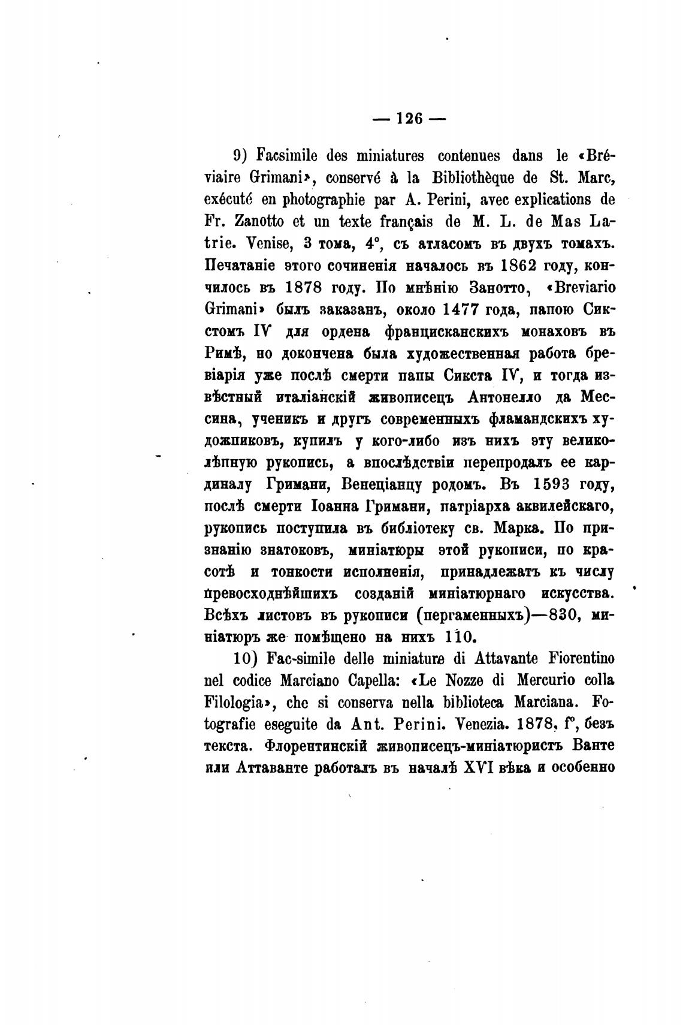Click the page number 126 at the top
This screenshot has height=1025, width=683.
click(x=410, y=119)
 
